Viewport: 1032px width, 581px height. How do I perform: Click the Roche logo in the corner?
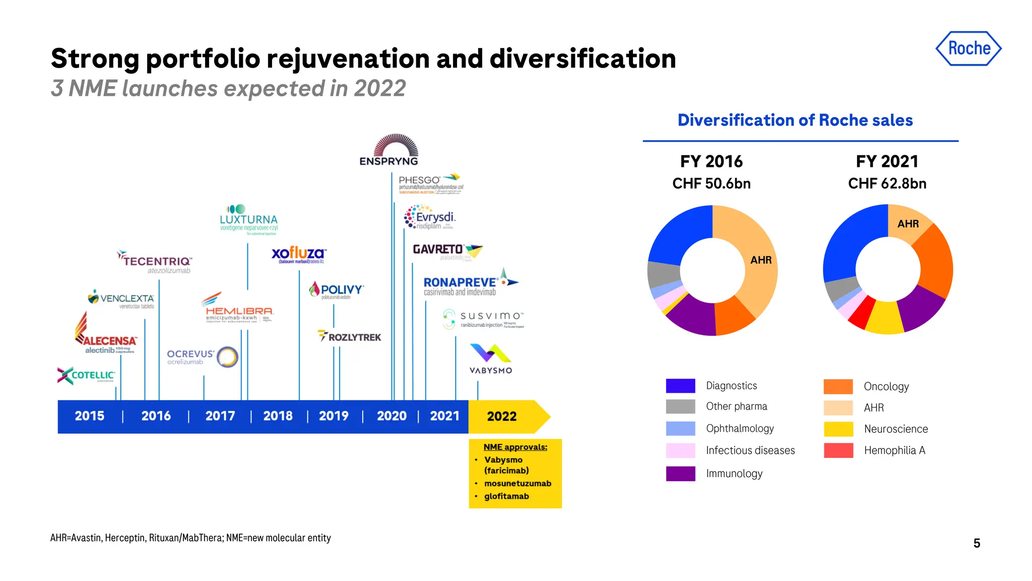pos(969,48)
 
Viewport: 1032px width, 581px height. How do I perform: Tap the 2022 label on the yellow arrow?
pos(501,417)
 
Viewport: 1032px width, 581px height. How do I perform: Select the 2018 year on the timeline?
pos(278,416)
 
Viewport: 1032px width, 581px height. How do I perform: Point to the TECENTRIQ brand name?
pos(157,261)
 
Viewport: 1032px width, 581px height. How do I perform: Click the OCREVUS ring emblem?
pos(227,357)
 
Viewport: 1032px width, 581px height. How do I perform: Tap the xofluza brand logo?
pos(299,254)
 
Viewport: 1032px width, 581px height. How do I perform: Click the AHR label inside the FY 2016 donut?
pos(761,260)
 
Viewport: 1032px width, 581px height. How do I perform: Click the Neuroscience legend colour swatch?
pos(838,429)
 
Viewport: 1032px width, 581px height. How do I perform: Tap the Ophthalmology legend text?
pos(740,429)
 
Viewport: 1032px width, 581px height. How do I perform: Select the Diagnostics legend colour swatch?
pos(680,386)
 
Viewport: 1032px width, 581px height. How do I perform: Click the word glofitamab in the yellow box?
pos(506,496)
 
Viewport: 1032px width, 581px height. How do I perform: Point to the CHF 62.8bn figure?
pos(887,184)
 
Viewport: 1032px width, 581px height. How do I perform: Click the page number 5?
pos(977,543)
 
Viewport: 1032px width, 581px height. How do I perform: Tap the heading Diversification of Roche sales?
pos(795,121)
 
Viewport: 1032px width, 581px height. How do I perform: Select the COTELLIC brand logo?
pos(86,375)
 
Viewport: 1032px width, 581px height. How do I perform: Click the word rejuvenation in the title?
pos(348,59)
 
